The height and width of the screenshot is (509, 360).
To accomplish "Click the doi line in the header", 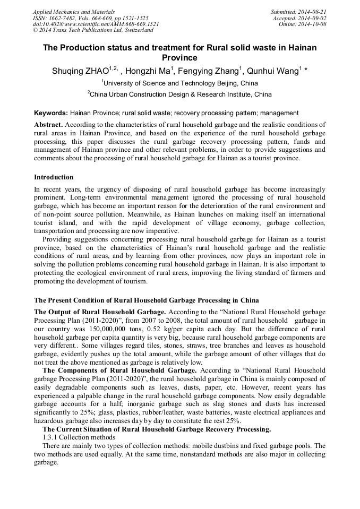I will coord(96,24).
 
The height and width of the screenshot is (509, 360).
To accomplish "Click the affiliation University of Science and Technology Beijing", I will coord(181,83).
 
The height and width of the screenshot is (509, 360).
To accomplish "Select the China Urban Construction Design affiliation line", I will coord(181,94).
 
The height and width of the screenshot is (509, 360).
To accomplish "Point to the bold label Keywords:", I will coord(51,113).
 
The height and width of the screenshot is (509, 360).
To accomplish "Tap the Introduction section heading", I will coord(54,177).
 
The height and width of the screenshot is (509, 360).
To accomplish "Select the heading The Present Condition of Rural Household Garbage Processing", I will coord(146,300).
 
